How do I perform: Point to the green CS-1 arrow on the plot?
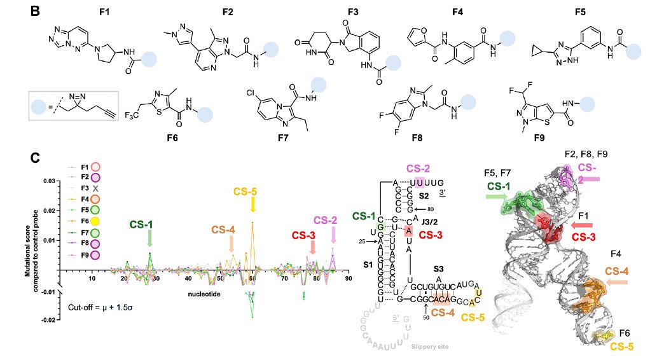click(x=149, y=238)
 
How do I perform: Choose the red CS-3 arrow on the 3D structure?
click(x=582, y=225)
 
